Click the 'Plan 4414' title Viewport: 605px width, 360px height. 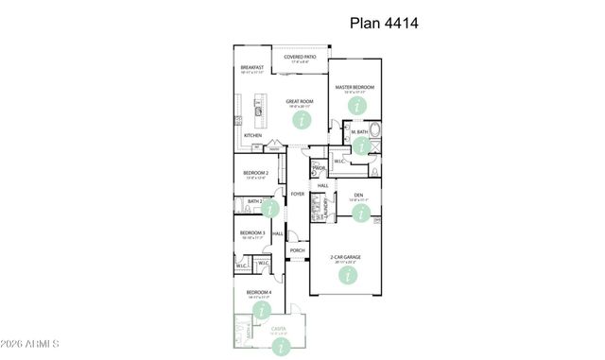pos(384,23)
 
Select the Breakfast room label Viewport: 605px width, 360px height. pos(251,69)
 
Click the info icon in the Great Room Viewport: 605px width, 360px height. pos(302,120)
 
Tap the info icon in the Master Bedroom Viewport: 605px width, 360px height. pos(356,105)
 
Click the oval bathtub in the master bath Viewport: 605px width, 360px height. pos(375,130)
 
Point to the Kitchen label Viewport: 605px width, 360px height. pos(252,135)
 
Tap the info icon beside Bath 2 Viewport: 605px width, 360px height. pos(271,208)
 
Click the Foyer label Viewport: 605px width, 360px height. pos(298,195)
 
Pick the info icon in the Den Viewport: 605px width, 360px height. pos(359,214)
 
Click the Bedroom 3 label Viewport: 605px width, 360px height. pos(251,232)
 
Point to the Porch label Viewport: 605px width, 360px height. pos(297,250)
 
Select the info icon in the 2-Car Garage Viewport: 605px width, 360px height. pos(349,275)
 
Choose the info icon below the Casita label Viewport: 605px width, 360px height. pos(279,346)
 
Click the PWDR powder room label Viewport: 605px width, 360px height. pos(320,167)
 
